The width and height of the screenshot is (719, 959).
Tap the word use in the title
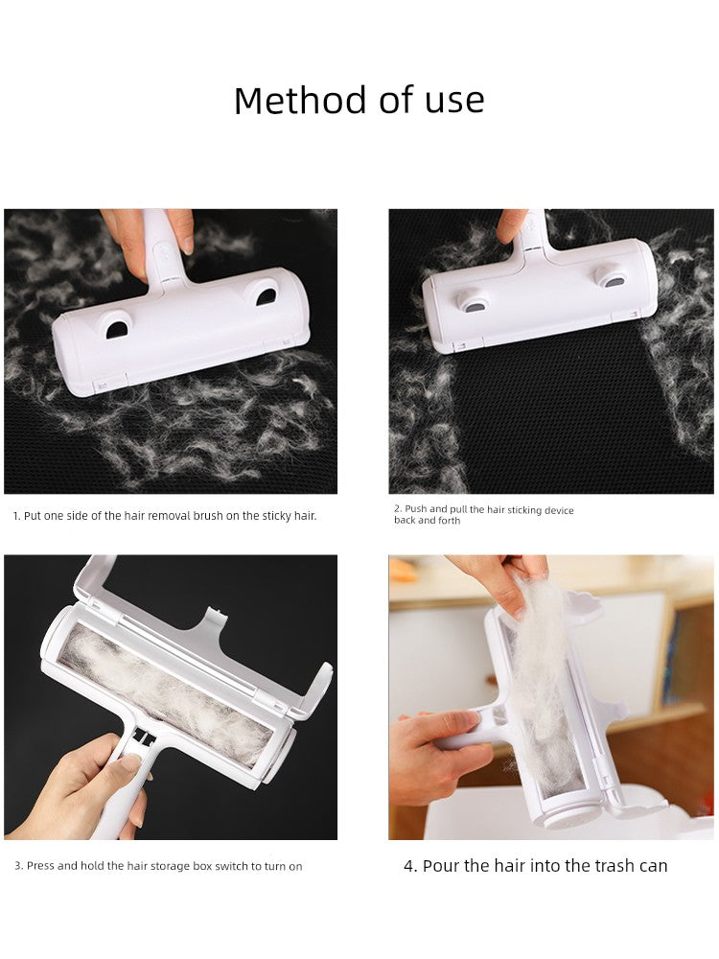click(x=454, y=101)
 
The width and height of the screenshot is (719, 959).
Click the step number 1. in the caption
click(x=17, y=516)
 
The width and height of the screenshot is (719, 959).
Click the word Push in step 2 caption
click(x=416, y=509)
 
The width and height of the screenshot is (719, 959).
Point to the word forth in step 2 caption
click(x=449, y=521)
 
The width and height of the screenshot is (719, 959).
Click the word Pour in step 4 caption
click(x=440, y=866)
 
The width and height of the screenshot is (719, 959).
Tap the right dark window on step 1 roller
click(x=266, y=296)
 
